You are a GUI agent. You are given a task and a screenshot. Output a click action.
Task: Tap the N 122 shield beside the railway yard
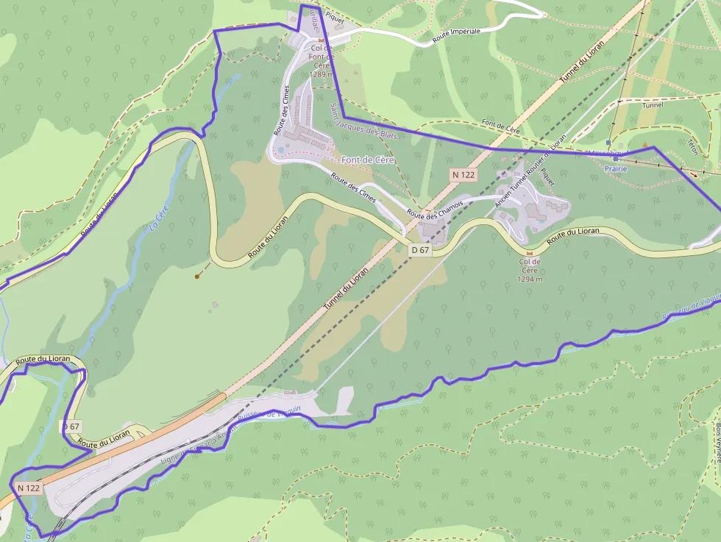29,488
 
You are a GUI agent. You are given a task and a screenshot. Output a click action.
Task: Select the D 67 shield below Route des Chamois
420,250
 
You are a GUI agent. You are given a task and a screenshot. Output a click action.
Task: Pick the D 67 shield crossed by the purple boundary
71,426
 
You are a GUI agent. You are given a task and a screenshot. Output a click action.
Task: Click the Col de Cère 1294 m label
530,270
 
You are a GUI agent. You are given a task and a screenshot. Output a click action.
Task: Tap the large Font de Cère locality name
368,160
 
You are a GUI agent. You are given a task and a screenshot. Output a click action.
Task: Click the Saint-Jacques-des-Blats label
363,121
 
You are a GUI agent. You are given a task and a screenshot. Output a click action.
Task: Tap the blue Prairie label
616,168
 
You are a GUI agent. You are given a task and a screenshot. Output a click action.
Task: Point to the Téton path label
692,147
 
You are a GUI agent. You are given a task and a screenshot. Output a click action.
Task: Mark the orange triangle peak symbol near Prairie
645,144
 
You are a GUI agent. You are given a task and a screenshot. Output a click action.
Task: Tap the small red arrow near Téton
695,175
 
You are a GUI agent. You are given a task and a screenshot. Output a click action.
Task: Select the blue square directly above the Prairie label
615,158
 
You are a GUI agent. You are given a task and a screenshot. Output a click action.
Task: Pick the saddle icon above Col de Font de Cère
321,40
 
